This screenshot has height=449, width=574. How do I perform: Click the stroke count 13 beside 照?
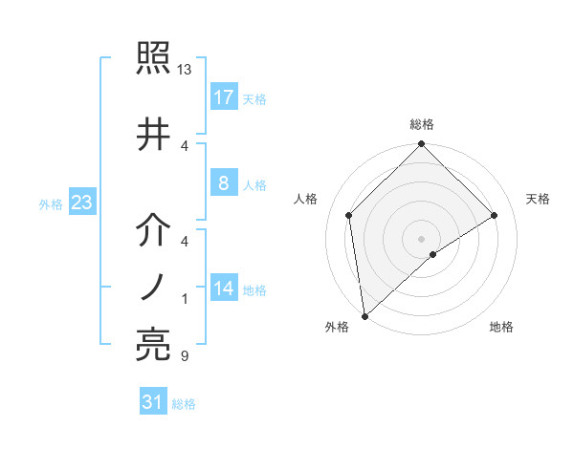click(185, 71)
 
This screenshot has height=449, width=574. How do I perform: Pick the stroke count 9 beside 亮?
click(184, 356)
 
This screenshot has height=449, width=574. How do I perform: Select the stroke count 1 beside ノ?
click(184, 300)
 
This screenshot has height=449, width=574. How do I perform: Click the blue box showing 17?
click(223, 96)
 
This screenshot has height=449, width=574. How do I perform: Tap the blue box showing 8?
click(223, 184)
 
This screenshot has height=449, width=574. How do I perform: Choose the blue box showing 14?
click(223, 289)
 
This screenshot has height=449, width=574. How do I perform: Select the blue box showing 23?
click(81, 203)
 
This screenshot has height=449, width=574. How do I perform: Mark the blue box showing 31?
click(153, 402)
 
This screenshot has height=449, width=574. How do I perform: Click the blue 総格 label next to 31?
click(184, 404)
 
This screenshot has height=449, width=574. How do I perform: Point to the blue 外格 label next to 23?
click(51, 203)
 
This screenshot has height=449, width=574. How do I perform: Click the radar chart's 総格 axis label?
click(422, 124)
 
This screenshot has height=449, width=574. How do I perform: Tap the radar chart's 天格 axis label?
click(538, 199)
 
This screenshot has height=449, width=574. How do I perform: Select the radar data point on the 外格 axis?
click(364, 316)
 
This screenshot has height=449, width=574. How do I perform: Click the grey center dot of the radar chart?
click(422, 238)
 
